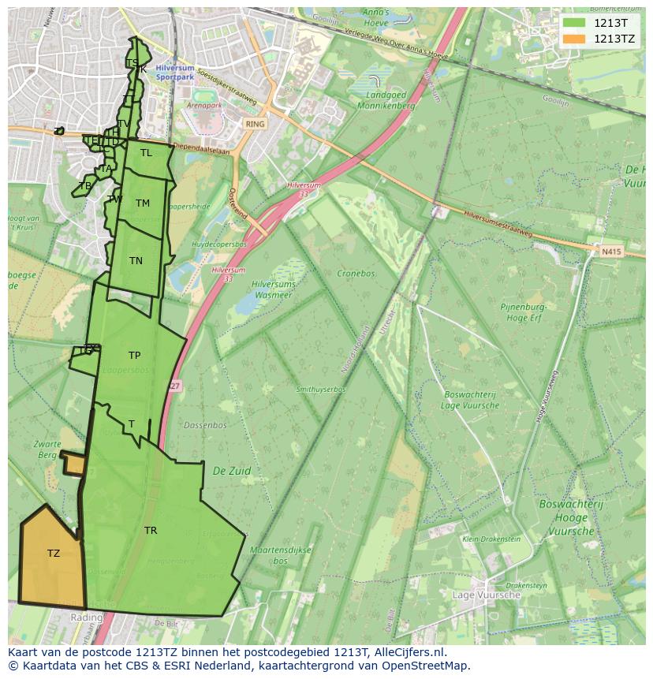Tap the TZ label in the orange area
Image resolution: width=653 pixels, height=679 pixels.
54,554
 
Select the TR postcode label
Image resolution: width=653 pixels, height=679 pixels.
151,531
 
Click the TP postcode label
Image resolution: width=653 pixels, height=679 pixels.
134,356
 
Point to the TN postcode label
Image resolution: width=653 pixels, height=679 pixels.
136,261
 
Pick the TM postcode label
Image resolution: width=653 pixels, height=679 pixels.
142,203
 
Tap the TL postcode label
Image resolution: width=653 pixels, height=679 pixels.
146,153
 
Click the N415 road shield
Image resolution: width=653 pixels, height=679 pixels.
611,252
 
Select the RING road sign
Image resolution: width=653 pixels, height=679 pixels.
255,125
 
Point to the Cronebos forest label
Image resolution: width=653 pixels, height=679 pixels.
356,274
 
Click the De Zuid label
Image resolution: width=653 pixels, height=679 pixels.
232,471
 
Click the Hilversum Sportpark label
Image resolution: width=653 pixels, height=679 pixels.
175,73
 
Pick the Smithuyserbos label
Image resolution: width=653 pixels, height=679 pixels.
320,390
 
